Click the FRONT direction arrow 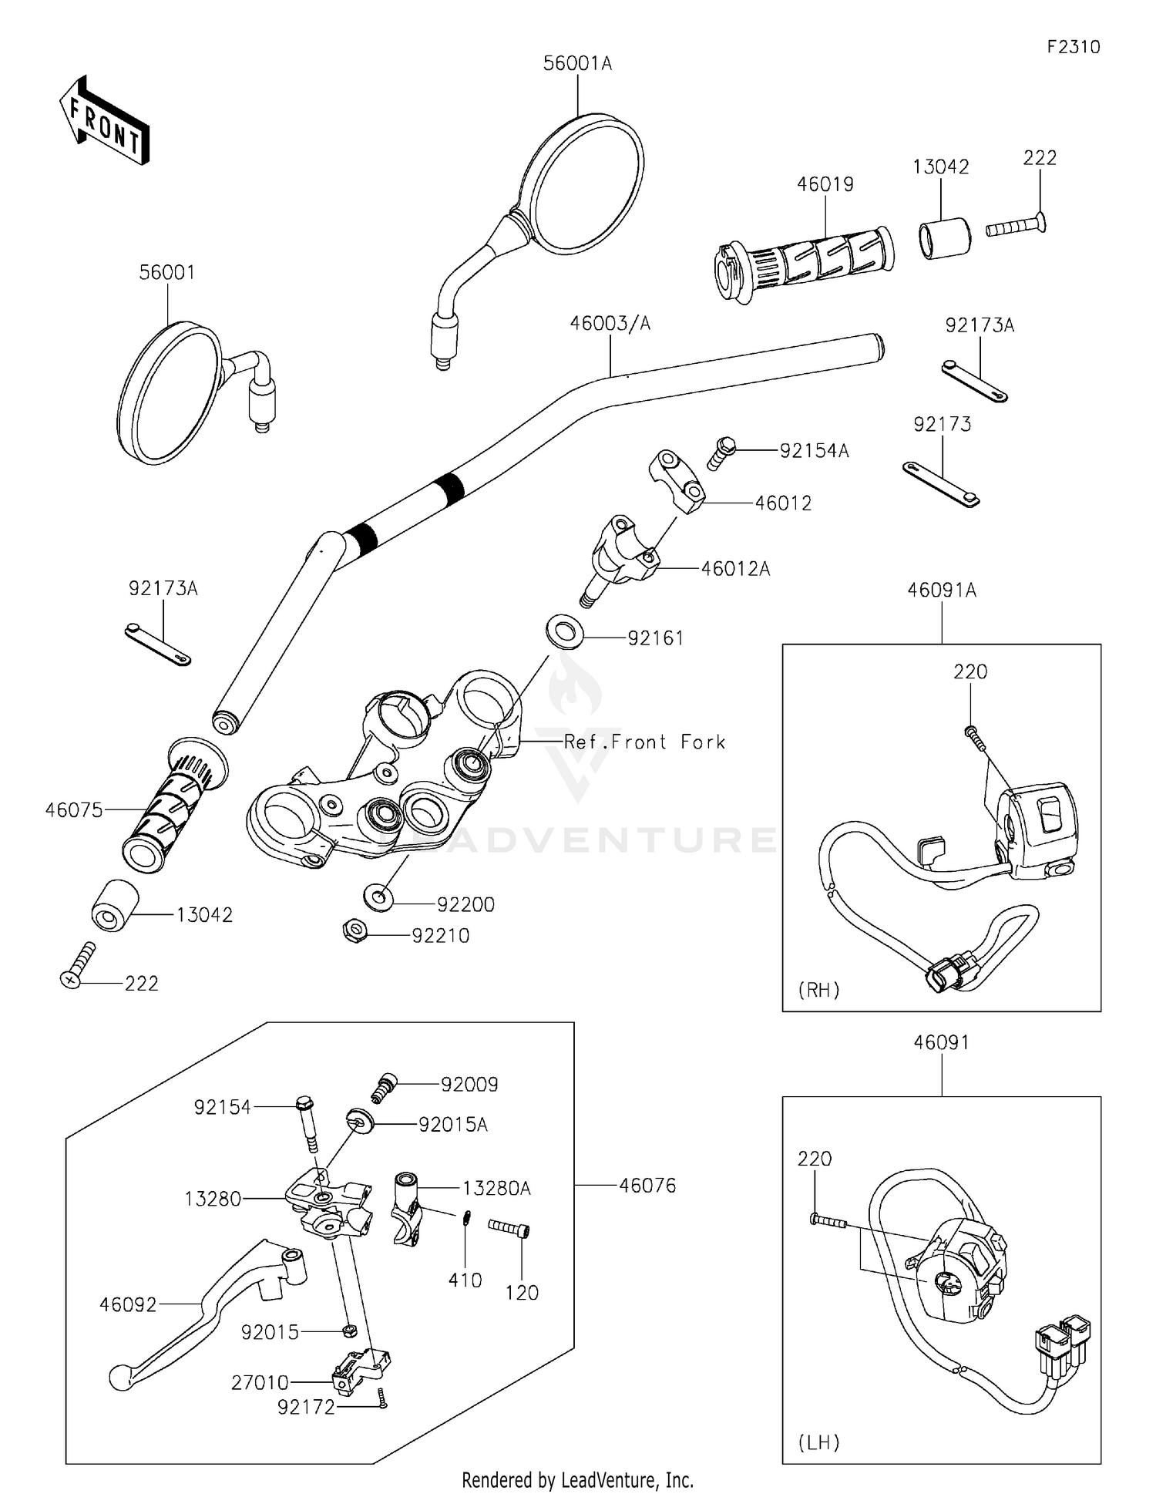(104, 122)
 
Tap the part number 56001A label (577, 64)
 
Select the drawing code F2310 (1073, 47)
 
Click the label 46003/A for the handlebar (610, 324)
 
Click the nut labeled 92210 (353, 931)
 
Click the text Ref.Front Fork (644, 742)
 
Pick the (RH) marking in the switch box (818, 990)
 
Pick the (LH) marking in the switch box (818, 1442)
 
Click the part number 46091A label (941, 591)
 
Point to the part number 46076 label (647, 1186)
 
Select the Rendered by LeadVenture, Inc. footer (577, 1480)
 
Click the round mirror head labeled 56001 (168, 393)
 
